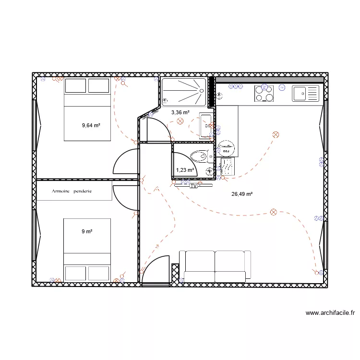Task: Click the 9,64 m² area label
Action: [91, 125]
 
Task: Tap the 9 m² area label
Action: [87, 231]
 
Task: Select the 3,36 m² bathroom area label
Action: [180, 112]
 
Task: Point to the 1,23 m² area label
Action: [185, 170]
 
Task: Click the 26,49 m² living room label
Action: [242, 194]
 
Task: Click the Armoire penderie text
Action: [74, 191]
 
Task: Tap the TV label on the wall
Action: [194, 185]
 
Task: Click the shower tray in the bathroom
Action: [184, 92]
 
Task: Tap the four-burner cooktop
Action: [264, 93]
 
